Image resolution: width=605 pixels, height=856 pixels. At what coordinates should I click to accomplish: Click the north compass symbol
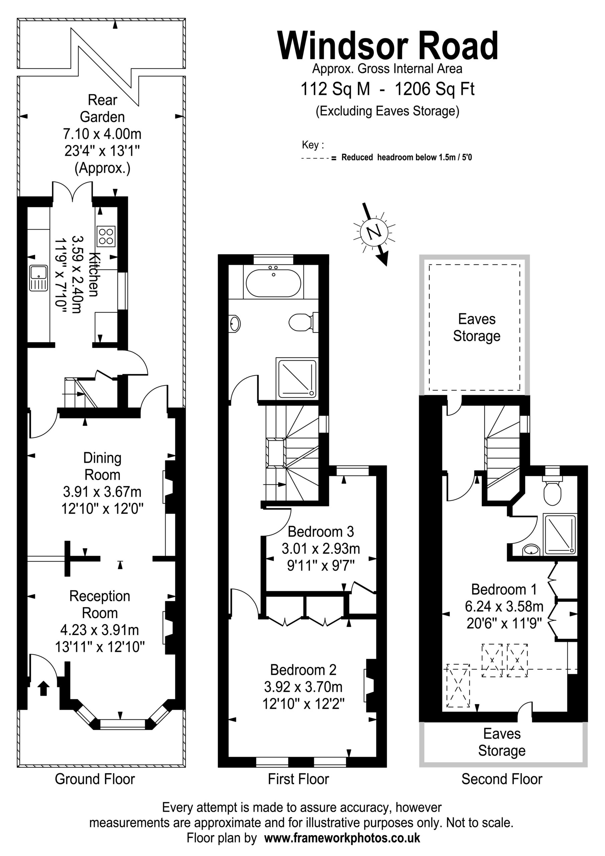[374, 232]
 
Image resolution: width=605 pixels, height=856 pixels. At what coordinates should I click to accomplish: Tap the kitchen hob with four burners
[106, 236]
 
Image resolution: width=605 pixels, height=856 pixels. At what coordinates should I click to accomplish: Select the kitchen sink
[38, 278]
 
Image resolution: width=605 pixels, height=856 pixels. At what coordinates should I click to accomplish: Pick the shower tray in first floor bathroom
[297, 378]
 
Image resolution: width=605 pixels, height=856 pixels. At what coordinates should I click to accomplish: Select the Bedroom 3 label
[321, 531]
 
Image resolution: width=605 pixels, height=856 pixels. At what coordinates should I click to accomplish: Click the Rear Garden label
[102, 108]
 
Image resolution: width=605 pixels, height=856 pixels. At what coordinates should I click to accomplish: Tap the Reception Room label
[100, 604]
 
